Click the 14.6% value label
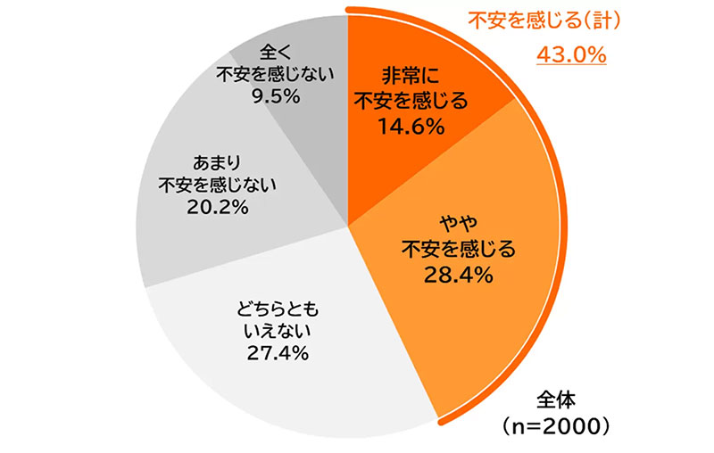click(411, 128)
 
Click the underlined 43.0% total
click(571, 55)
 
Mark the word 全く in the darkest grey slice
click(275, 52)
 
